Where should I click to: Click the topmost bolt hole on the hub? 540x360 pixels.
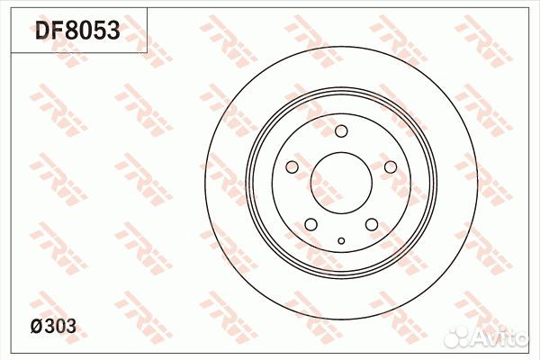click(341, 132)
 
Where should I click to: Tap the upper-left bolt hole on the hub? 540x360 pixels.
click(292, 167)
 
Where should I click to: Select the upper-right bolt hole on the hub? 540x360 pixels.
click(390, 167)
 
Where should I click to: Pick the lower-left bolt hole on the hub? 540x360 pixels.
click(310, 224)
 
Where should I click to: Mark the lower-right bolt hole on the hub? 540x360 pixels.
click(371, 224)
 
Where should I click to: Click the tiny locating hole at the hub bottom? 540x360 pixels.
click(341, 240)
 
